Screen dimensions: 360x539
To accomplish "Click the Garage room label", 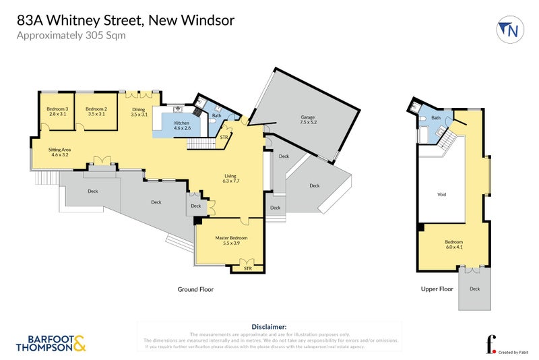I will coord(309,119).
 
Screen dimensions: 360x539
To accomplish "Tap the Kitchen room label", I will coord(182,125).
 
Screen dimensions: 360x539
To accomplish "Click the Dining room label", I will coord(139,111).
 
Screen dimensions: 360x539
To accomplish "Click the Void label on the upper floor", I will coord(442,194).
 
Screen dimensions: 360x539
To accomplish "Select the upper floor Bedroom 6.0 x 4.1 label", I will coord(453,244).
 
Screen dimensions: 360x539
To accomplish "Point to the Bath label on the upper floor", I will coord(436,118).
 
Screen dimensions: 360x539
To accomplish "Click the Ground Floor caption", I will coord(195,289).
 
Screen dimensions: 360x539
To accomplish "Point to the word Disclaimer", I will coord(269,326).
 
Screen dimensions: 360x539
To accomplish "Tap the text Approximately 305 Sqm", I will coord(71,36).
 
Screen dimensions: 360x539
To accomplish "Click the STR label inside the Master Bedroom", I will coord(247,268).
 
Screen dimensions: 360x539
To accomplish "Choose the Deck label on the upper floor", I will coord(474,289).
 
